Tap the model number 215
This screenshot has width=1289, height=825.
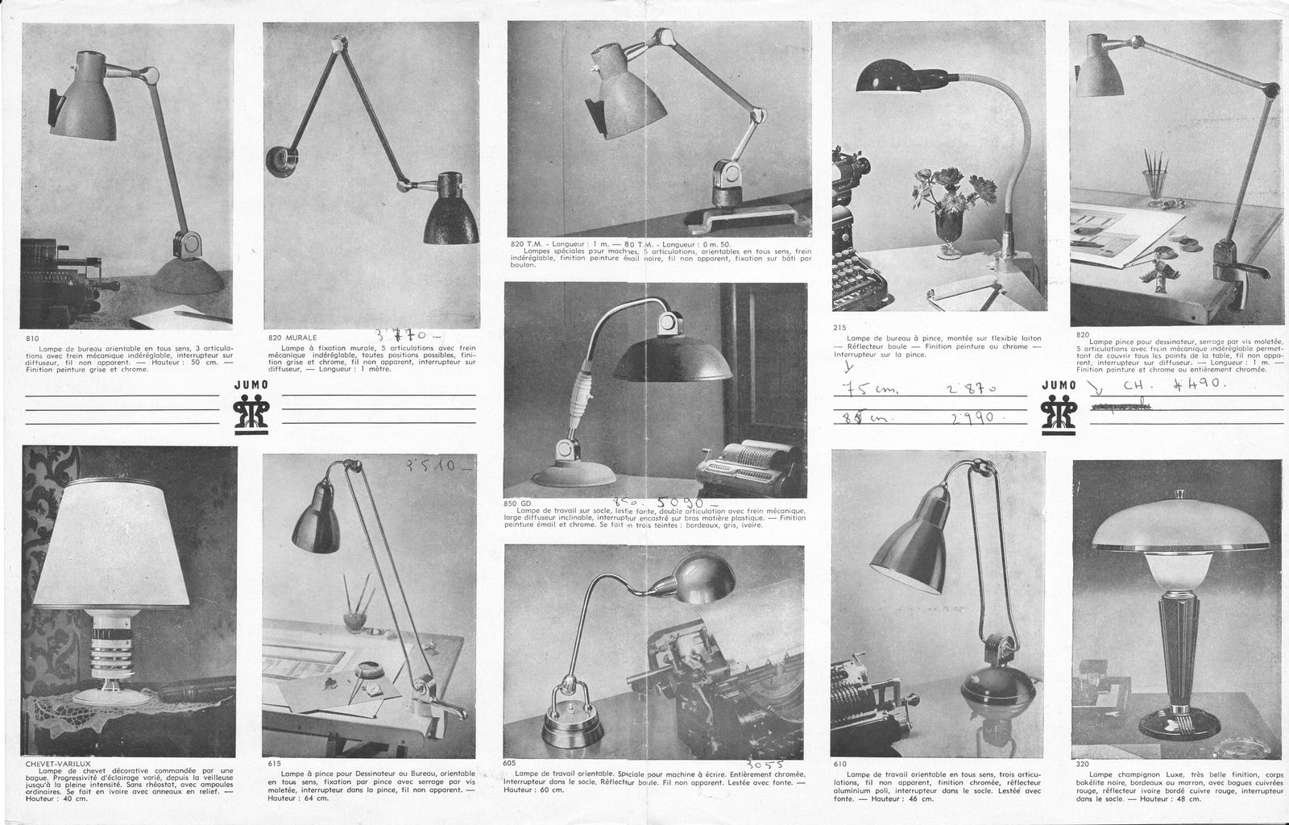tap(840, 328)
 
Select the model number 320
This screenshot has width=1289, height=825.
tap(1083, 763)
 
